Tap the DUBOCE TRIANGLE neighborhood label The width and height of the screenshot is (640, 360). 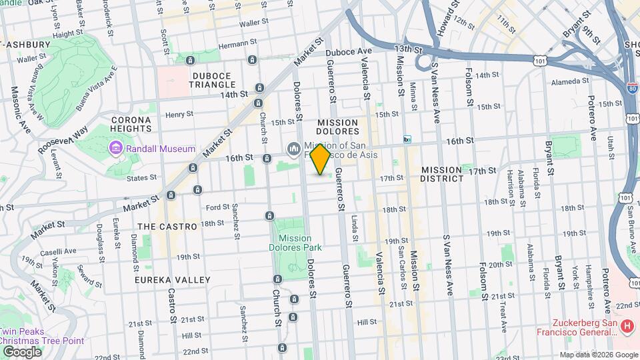click(x=213, y=79)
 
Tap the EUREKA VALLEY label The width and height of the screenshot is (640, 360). click(x=173, y=280)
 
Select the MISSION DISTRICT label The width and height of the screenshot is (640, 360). click(x=442, y=174)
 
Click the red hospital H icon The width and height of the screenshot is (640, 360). click(x=626, y=326)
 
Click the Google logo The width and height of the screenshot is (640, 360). click(x=21, y=351)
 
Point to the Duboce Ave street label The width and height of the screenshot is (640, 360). click(x=348, y=51)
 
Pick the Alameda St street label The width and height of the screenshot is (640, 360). click(x=570, y=81)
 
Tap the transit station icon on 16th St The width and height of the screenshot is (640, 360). click(x=407, y=139)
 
